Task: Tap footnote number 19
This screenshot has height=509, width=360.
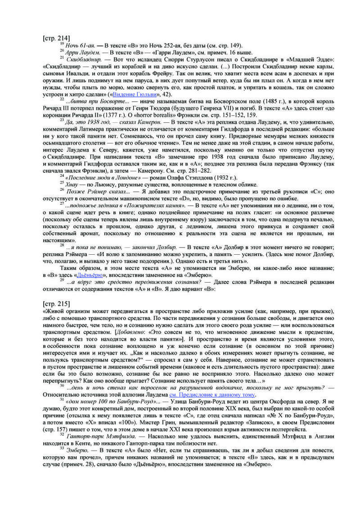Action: pos(61,44)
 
